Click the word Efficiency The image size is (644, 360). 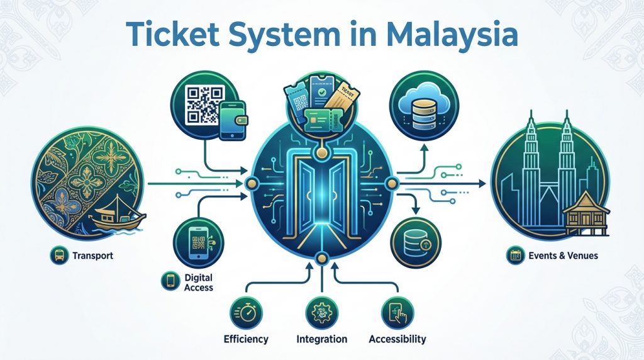click(x=246, y=339)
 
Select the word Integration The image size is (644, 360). click(x=321, y=339)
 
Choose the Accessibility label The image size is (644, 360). click(x=397, y=339)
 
